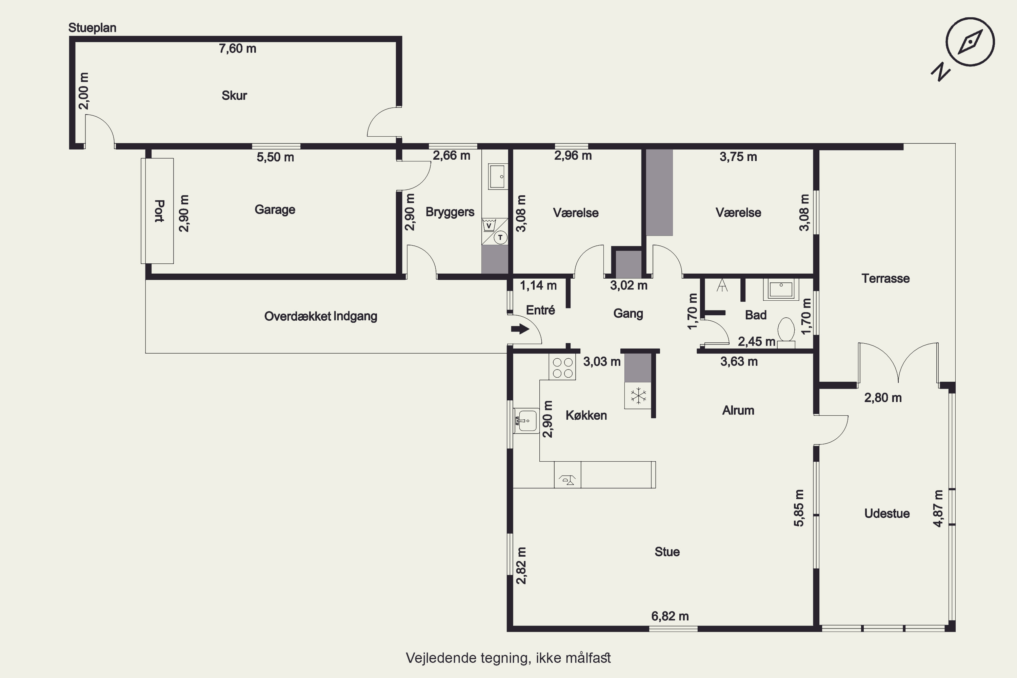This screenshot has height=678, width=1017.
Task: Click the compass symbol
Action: [970, 42]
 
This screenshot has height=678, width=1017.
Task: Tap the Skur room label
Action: [234, 95]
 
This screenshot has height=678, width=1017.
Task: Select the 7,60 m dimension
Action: [237, 48]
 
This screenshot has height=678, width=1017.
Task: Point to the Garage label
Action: [275, 210]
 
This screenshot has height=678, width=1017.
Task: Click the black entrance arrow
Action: [520, 329]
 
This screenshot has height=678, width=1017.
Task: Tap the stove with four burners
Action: [562, 367]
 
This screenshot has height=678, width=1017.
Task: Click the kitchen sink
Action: [526, 421]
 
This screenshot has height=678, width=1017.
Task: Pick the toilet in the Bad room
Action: [786, 333]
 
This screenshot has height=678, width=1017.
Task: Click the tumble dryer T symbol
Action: [500, 237]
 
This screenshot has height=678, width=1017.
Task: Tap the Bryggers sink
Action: [498, 176]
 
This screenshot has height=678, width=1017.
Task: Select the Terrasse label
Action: [885, 278]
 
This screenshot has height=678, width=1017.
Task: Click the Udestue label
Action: [887, 514]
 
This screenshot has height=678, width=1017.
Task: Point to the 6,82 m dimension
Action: [670, 616]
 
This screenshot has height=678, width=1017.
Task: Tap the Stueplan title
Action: [93, 28]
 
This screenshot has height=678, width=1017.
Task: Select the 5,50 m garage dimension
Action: [275, 157]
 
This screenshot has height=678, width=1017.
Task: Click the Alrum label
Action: [738, 410]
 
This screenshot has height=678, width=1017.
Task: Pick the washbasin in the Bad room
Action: [781, 290]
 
